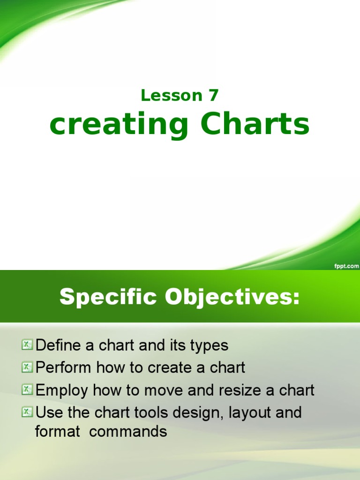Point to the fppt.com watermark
346,266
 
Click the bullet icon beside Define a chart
28,345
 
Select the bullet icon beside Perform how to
28,367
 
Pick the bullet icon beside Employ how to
28,390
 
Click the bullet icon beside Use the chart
28,412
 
